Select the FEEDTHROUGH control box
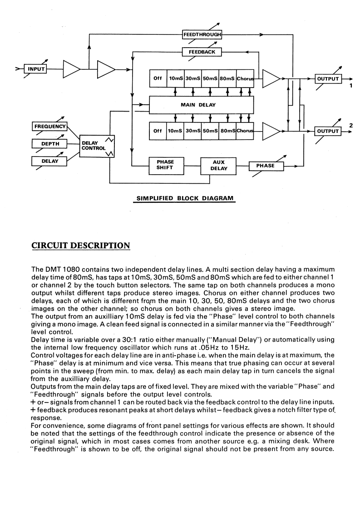pyautogui.click(x=202, y=34)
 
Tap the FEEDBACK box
pyautogui.click(x=202, y=52)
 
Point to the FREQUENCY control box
pyautogui.click(x=49, y=127)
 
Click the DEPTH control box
pyautogui.click(x=49, y=144)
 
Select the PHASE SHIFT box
pyautogui.click(x=165, y=166)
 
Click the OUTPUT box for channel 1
pyautogui.click(x=328, y=78)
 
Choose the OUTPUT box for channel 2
pyautogui.click(x=328, y=131)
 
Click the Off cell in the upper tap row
pyautogui.click(x=158, y=78)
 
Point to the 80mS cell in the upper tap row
pyautogui.click(x=227, y=78)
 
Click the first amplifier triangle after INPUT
pyautogui.click(x=71, y=69)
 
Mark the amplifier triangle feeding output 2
pyautogui.click(x=271, y=131)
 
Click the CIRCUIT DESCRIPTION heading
pyautogui.click(x=81, y=246)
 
